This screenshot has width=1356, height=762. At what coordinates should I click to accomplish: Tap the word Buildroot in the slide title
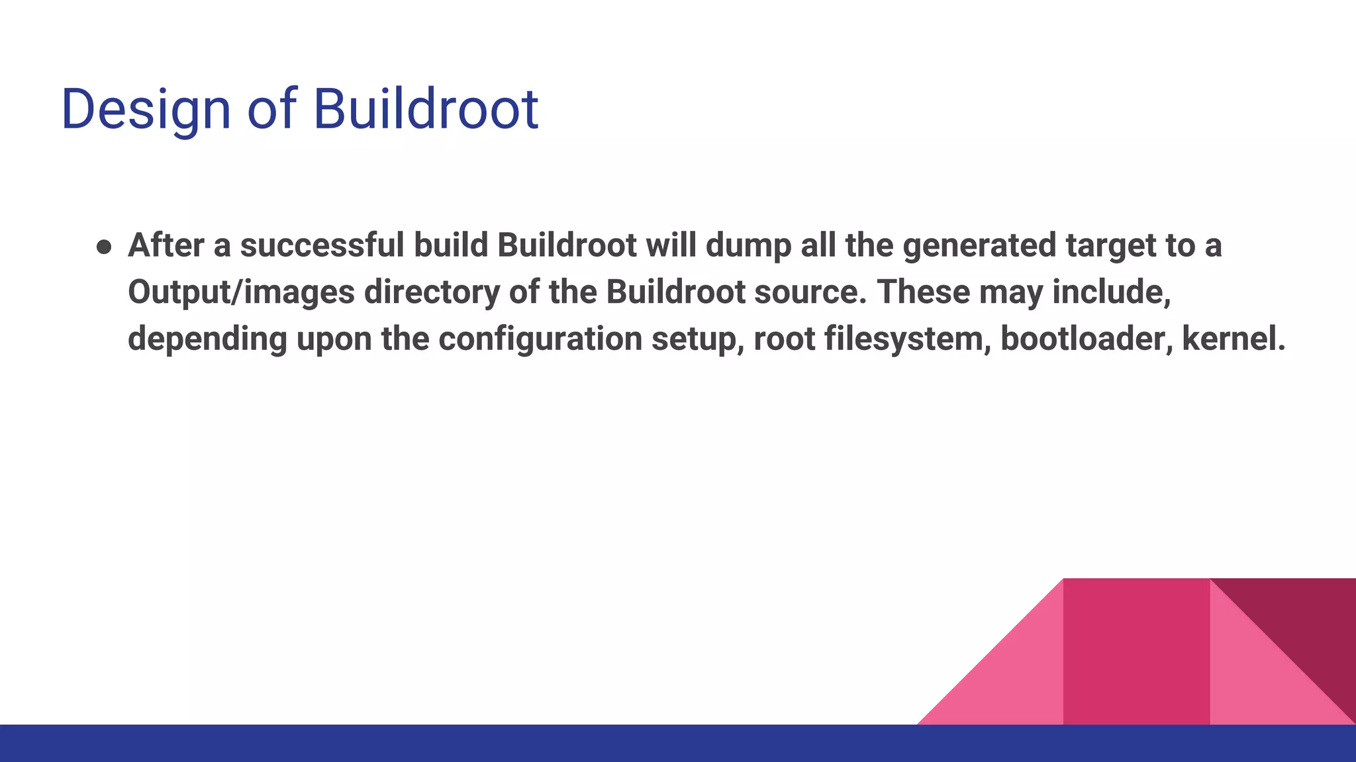click(425, 109)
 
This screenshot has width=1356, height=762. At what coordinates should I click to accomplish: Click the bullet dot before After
click(104, 247)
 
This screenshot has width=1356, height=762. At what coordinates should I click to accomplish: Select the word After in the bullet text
click(166, 245)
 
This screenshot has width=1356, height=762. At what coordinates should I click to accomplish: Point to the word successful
click(322, 245)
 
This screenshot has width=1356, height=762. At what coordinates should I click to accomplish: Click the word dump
click(748, 245)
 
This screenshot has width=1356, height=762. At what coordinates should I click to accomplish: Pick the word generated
click(980, 245)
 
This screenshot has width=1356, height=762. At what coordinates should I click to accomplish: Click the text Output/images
click(241, 292)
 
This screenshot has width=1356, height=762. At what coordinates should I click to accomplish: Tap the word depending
click(207, 339)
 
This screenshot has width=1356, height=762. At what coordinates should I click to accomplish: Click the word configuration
click(540, 339)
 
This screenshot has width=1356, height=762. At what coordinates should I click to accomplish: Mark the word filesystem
click(907, 339)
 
